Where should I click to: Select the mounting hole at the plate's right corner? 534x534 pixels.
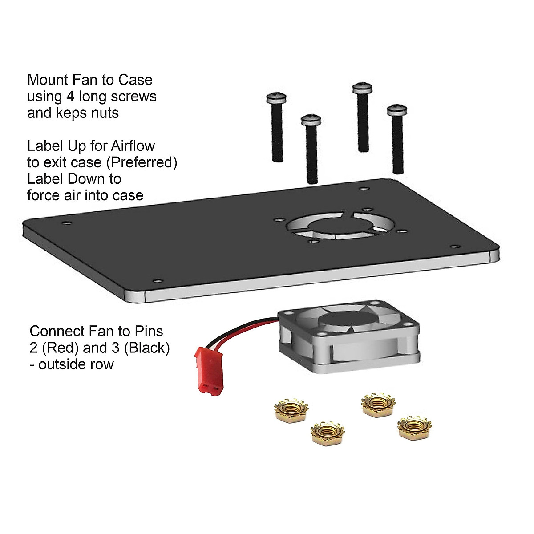[x=454, y=246]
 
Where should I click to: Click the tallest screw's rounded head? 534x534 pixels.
[x=361, y=88]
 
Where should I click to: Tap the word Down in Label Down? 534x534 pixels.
[x=86, y=179]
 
